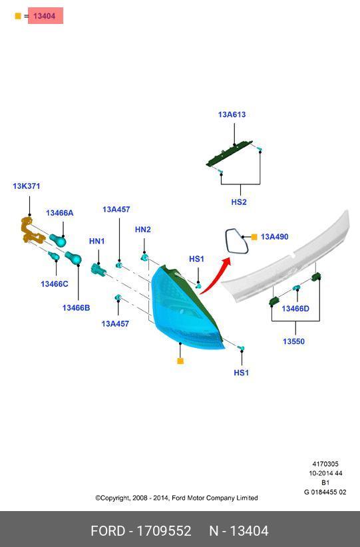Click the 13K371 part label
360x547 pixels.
pyautogui.click(x=27, y=186)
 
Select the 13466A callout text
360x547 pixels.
pyautogui.click(x=60, y=213)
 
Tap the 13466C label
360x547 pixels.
pyautogui.click(x=55, y=284)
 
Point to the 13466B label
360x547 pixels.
pyautogui.click(x=76, y=307)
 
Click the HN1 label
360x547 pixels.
pyautogui.click(x=97, y=241)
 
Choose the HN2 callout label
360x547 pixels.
pyautogui.click(x=143, y=229)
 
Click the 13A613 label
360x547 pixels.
pyautogui.click(x=232, y=114)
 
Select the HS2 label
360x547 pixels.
pyautogui.click(x=239, y=202)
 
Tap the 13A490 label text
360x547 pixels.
pyautogui.click(x=275, y=237)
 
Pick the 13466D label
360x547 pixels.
pyautogui.click(x=295, y=308)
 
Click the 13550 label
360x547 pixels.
pyautogui.click(x=293, y=341)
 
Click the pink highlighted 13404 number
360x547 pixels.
pyautogui.click(x=45, y=16)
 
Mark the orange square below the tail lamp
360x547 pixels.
pyautogui.click(x=180, y=361)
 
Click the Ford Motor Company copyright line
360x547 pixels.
pyautogui.click(x=176, y=498)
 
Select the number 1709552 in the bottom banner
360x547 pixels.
pyautogui.click(x=164, y=531)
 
